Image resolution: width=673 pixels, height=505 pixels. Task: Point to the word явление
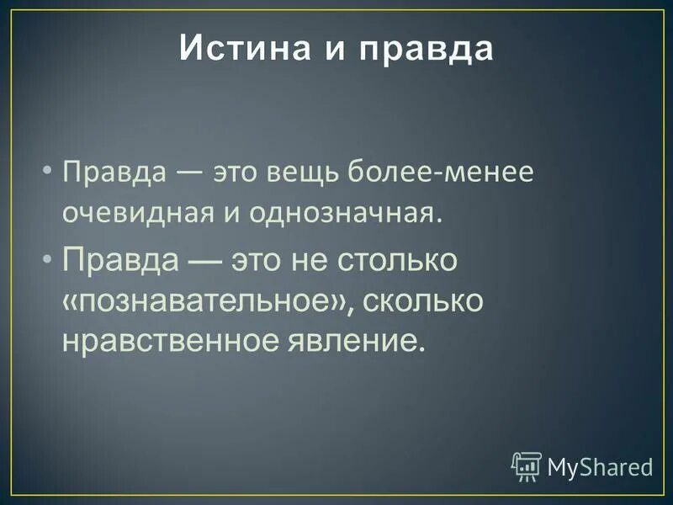pos(368,342)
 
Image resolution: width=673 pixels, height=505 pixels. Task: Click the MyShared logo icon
pos(526,465)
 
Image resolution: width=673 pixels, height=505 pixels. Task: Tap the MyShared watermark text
pos(600,466)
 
